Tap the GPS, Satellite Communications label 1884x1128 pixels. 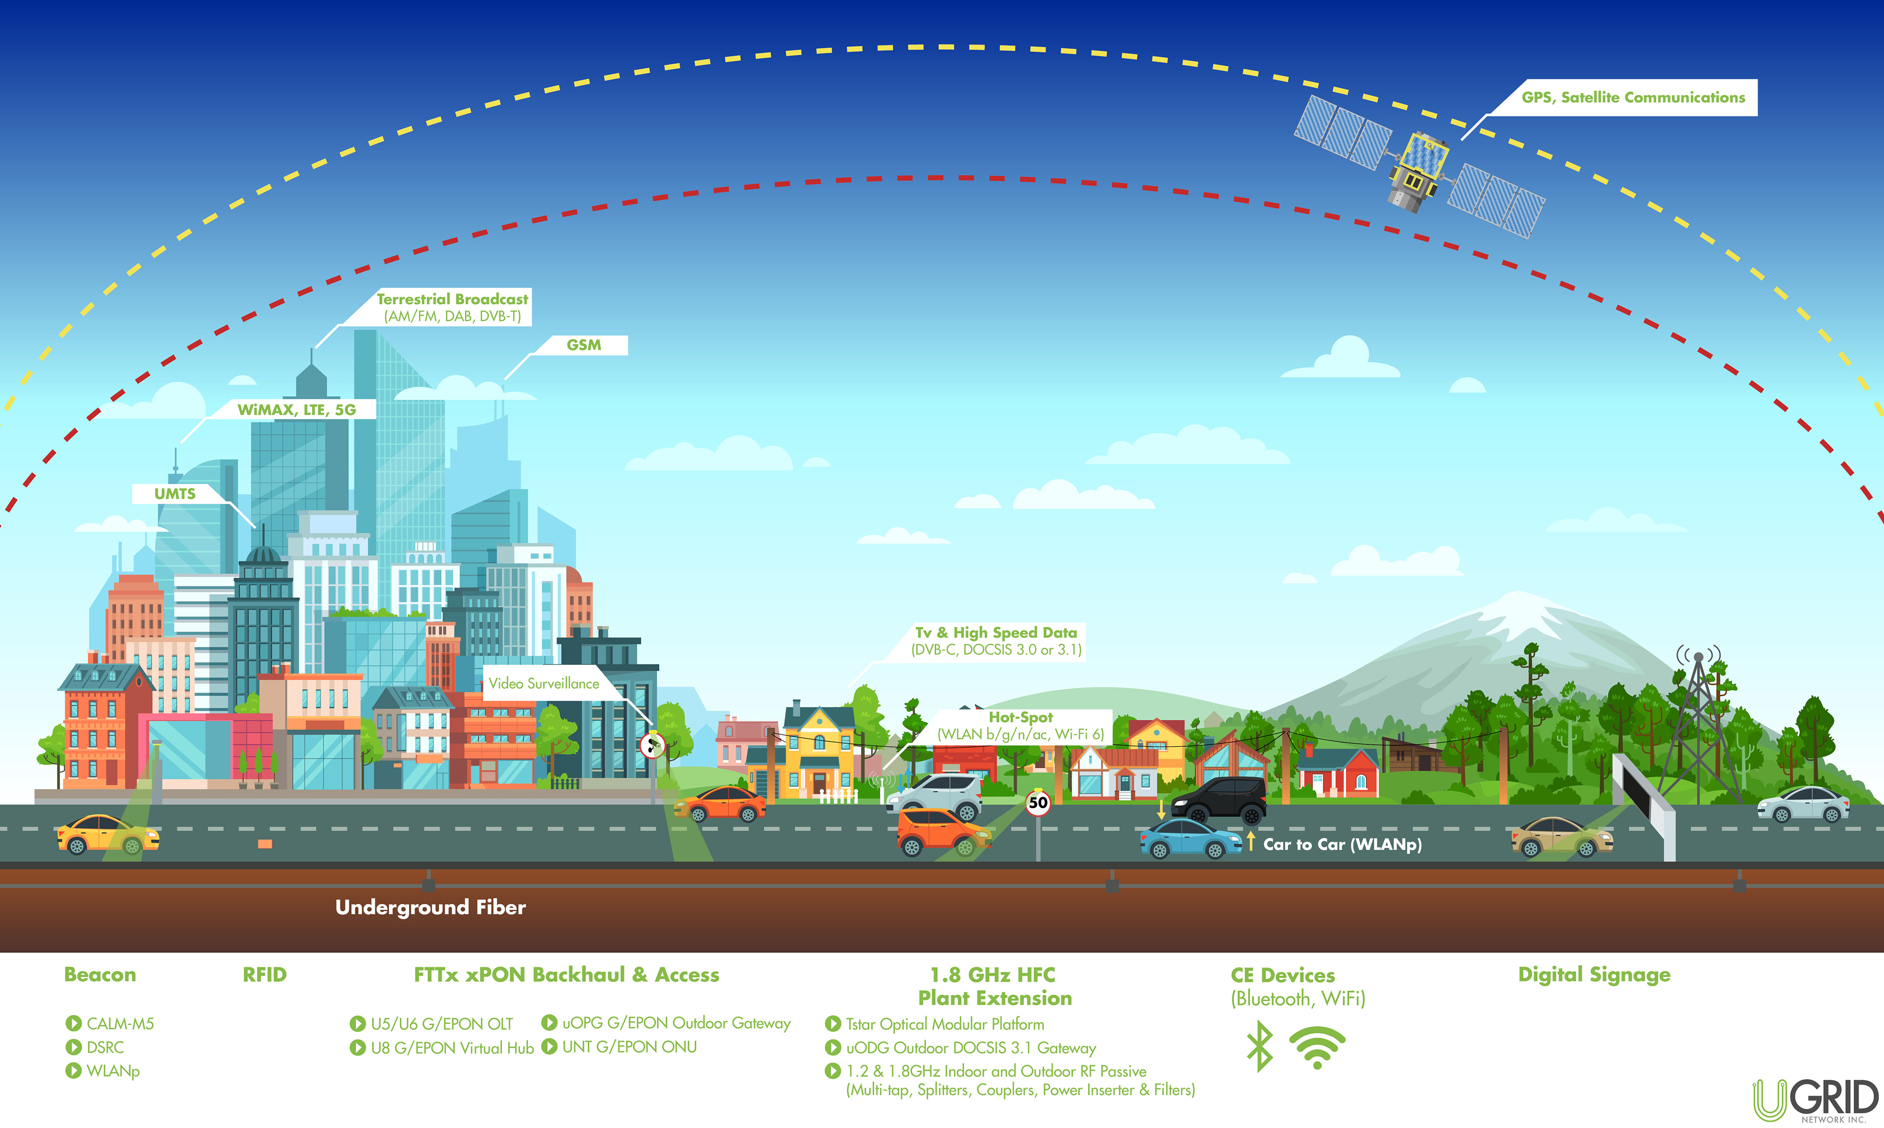1632,97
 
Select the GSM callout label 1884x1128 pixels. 583,345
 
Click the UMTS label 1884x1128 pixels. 175,493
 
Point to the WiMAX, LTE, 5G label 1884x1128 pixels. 296,410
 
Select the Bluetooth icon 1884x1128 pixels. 1259,1046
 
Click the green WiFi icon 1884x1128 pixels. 1317,1047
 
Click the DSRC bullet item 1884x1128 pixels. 105,1048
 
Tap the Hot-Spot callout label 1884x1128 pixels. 1020,725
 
